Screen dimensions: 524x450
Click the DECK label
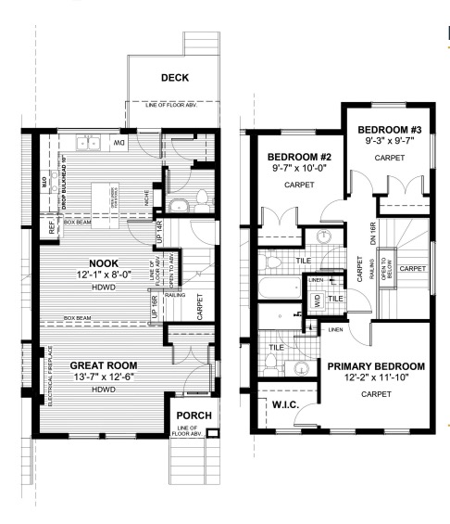coord(175,78)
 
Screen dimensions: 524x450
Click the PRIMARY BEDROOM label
coord(376,365)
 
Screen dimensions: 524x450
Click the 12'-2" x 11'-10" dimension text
coord(376,378)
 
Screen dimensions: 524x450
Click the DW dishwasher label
coord(118,143)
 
